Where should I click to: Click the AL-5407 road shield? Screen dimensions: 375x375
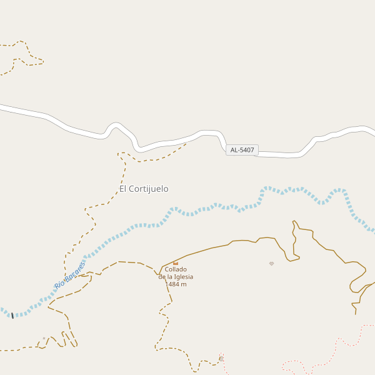pos(242,150)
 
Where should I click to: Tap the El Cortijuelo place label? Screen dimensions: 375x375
pos(144,189)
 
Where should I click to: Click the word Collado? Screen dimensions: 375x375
pos(176,269)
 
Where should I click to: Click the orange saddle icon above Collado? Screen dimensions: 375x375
pos(176,263)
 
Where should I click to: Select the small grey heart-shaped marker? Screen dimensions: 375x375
pos(271,264)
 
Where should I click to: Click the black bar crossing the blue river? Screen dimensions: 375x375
pos(12,316)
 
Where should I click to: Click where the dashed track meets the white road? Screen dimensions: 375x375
pos(186,144)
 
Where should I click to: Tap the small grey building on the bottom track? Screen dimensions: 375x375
pos(221,359)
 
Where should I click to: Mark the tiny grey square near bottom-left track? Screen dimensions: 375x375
pos(44,339)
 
